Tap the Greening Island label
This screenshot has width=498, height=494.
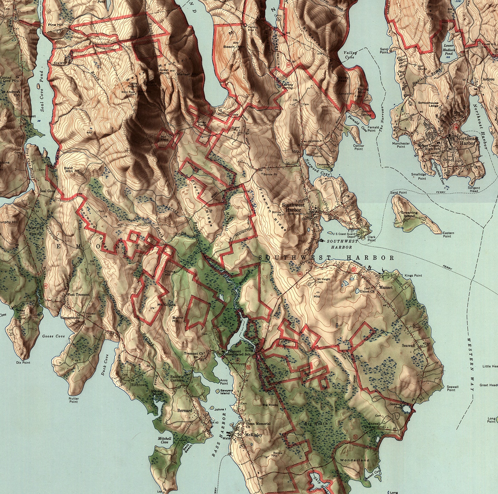click(409, 214)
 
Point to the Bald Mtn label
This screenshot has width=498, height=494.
click(68, 170)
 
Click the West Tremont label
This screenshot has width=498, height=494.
click(78, 295)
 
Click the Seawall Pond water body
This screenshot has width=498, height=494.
click(407, 408)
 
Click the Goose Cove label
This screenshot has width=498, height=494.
click(53, 336)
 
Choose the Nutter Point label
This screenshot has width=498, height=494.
click(73, 400)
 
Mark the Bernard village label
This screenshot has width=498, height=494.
click(184, 410)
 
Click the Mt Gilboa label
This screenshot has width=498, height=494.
click(166, 305)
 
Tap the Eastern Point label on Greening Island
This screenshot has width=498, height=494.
click(448, 234)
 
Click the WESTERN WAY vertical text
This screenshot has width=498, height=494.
click(472, 364)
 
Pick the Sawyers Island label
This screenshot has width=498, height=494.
click(225, 391)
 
